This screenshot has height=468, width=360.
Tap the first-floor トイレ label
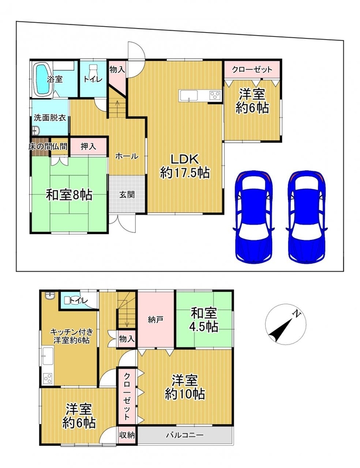point(93,79)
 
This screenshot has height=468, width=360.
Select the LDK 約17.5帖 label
point(184,166)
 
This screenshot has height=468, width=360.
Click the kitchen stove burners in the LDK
point(214,95)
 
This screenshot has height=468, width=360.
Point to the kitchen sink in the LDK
point(188,96)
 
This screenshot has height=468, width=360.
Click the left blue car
point(253,216)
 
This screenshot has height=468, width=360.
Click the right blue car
point(307,216)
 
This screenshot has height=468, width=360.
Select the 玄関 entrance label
point(127,195)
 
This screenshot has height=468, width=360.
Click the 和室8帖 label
point(69,195)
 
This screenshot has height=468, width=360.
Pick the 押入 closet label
point(88,146)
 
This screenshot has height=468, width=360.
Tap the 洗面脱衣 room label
point(50,118)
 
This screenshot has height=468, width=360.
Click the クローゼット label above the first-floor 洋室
point(252,70)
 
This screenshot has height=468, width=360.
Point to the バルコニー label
point(185,435)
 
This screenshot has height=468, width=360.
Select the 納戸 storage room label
point(155,320)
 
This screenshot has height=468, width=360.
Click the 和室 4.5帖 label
point(204,320)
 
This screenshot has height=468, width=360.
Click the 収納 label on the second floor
point(127,435)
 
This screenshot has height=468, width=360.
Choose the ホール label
point(126,156)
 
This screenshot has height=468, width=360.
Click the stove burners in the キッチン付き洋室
point(47,378)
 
